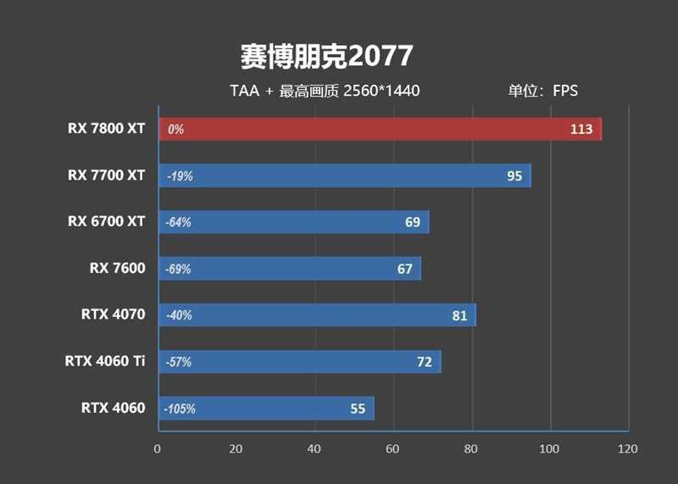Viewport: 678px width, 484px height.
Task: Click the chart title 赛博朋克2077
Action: tap(326, 56)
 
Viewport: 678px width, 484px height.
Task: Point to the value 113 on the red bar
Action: tap(581, 130)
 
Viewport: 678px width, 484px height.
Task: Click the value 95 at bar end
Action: tap(514, 176)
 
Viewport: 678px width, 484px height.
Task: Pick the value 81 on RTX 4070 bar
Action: tap(459, 315)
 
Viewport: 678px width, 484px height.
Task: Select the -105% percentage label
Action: tap(181, 409)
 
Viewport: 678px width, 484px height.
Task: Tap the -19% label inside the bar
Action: tap(180, 176)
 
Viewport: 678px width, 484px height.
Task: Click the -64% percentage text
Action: tap(179, 223)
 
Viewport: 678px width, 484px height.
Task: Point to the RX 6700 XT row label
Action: tap(106, 221)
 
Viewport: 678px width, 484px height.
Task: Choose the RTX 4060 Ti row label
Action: tap(104, 361)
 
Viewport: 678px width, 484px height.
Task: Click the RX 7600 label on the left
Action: tap(117, 268)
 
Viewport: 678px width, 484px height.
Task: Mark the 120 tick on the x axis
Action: tap(628, 448)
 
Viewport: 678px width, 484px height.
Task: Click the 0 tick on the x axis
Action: tap(157, 448)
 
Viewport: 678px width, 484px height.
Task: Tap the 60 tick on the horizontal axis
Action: tap(392, 448)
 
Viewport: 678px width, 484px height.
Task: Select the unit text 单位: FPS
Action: tap(542, 90)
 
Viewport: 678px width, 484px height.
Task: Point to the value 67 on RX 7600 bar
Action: tap(404, 269)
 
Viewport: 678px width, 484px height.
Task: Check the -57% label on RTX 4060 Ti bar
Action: tap(179, 362)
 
